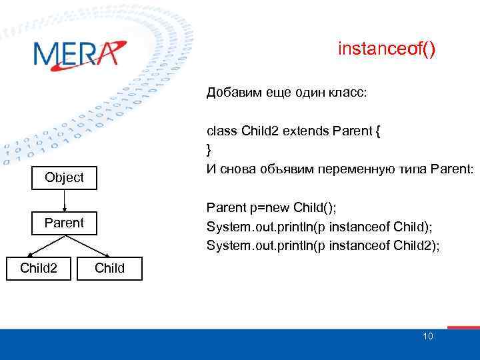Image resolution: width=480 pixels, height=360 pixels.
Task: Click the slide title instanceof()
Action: point(387,49)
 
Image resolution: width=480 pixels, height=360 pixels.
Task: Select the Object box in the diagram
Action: point(64,177)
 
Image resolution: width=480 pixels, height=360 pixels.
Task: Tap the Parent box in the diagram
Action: point(64,223)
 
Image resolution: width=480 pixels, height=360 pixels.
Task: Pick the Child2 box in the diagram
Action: point(38,268)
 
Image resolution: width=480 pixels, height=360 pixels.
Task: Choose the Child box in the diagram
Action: point(109,268)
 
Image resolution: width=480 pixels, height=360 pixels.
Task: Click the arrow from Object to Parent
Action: point(64,200)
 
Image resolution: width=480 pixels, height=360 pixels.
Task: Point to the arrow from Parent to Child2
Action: point(47,245)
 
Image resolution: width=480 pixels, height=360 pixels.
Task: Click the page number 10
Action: point(427,336)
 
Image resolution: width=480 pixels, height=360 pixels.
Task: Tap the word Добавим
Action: point(230,93)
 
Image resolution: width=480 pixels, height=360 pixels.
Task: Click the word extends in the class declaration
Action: point(302,131)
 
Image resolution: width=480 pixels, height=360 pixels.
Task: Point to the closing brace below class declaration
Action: point(209,148)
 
